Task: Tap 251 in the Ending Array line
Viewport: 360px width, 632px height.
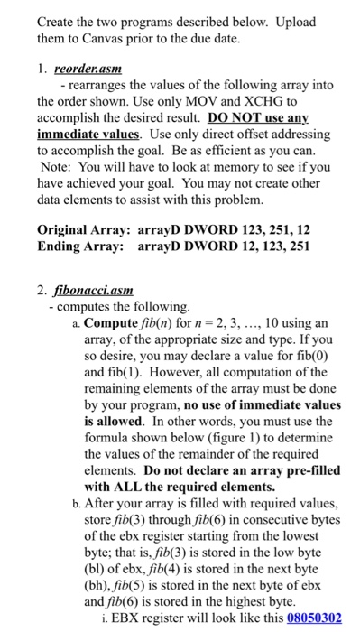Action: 299,246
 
